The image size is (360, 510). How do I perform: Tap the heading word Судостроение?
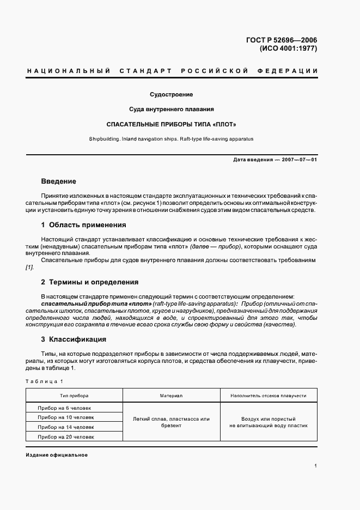pos(172,95)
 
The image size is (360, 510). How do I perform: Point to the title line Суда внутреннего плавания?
pos(172,109)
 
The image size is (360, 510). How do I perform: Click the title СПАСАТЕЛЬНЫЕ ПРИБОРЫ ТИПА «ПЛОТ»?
pos(172,124)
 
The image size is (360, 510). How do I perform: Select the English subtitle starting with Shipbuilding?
pos(172,139)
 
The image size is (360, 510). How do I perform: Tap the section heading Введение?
pos(58,181)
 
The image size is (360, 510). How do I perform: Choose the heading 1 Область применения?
pos(83,224)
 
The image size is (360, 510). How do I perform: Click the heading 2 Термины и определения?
pos(90,282)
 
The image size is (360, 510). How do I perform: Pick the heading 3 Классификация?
pos(74,339)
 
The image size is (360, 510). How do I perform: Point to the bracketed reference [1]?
pos(30,268)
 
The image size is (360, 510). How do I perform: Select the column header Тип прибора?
pos(74,396)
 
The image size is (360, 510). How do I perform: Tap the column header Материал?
pos(171,396)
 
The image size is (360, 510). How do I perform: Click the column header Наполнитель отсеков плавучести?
pos(269,396)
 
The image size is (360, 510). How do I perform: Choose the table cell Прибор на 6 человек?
pos(64,408)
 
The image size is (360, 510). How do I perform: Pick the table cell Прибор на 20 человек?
pos(66,437)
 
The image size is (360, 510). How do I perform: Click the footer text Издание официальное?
pos(57,455)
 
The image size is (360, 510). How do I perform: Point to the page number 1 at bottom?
pos(316,466)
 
